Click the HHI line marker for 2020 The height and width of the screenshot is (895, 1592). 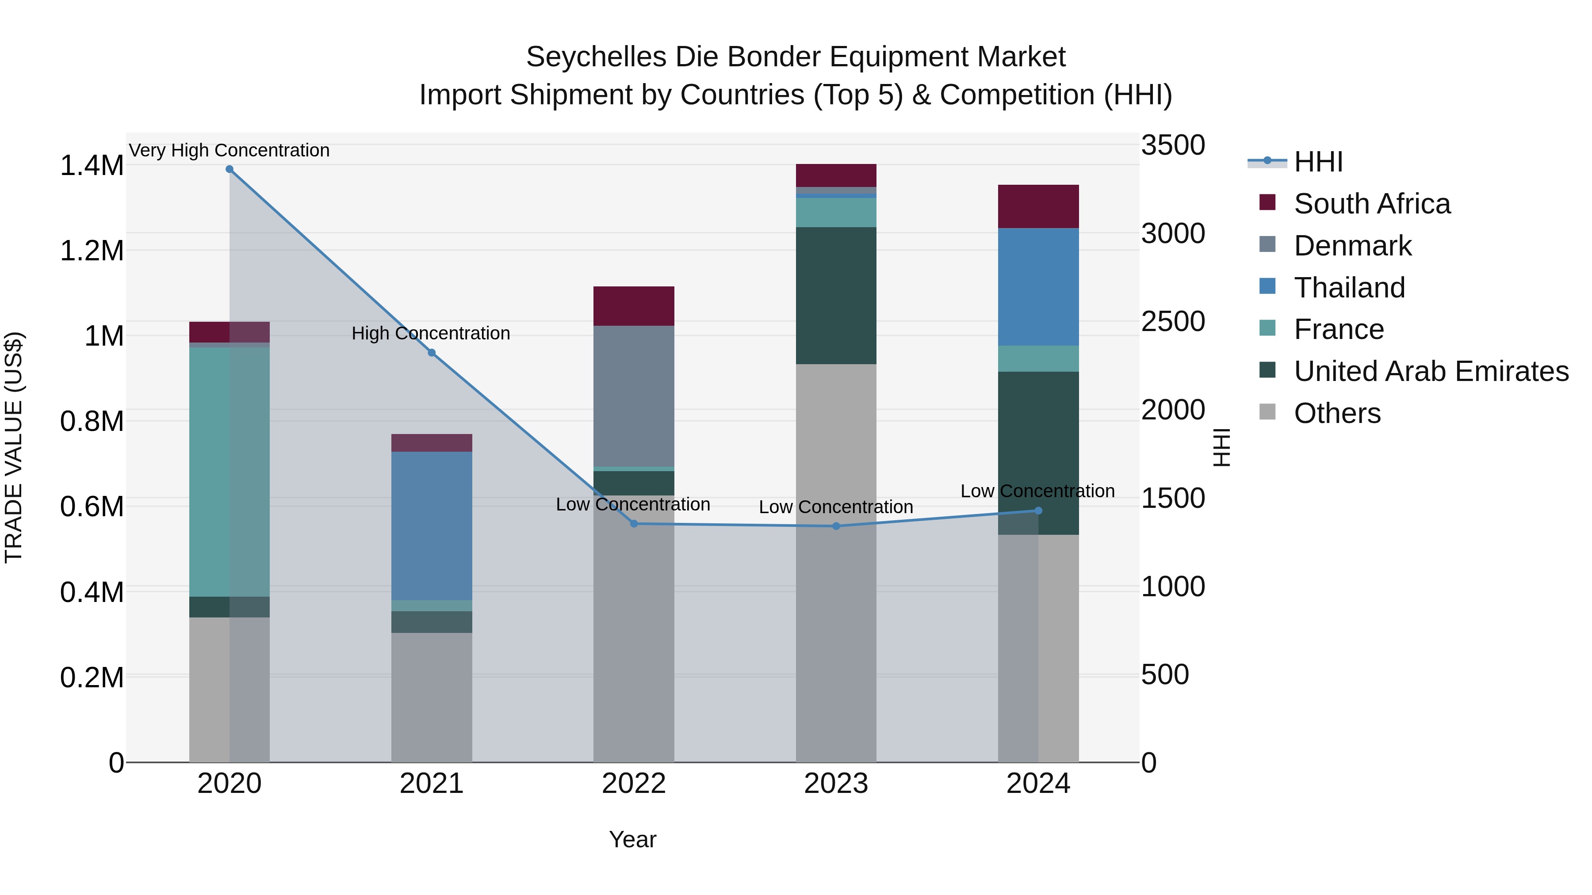pos(229,169)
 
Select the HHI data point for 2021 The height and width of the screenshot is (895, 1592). pos(431,353)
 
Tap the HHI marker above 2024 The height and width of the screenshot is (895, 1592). pos(1038,511)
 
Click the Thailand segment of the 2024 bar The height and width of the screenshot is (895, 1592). pos(1038,287)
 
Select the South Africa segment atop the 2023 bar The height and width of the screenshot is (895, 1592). pos(835,175)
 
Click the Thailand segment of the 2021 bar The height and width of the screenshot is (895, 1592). pos(431,526)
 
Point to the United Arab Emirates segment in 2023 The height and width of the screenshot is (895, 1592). pos(835,295)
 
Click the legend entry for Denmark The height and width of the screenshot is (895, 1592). pos(1352,246)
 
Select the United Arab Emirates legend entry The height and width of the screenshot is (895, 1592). pos(1431,371)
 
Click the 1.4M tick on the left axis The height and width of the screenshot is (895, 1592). pos(92,166)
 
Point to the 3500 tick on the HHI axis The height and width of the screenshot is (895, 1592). pos(1172,146)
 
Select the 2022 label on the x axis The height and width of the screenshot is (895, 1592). pos(633,784)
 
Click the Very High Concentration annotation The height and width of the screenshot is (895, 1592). pos(229,151)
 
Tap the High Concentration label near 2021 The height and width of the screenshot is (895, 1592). pos(431,334)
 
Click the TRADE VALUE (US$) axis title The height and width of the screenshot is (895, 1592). pos(14,447)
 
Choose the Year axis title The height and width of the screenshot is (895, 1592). pos(632,839)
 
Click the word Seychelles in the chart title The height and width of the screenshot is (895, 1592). pos(596,57)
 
